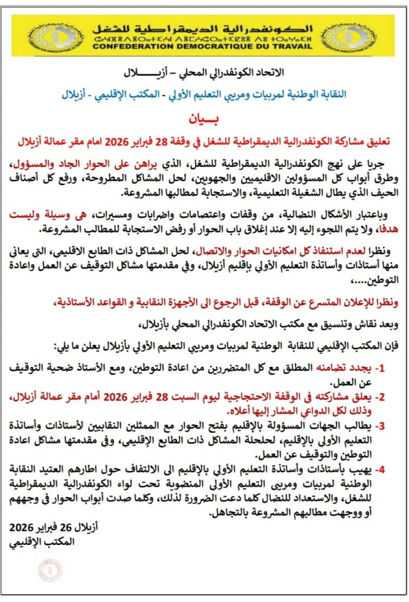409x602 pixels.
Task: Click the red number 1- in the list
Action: click(x=380, y=369)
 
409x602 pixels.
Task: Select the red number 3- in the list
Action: click(x=380, y=426)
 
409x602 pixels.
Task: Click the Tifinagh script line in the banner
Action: click(x=203, y=37)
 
